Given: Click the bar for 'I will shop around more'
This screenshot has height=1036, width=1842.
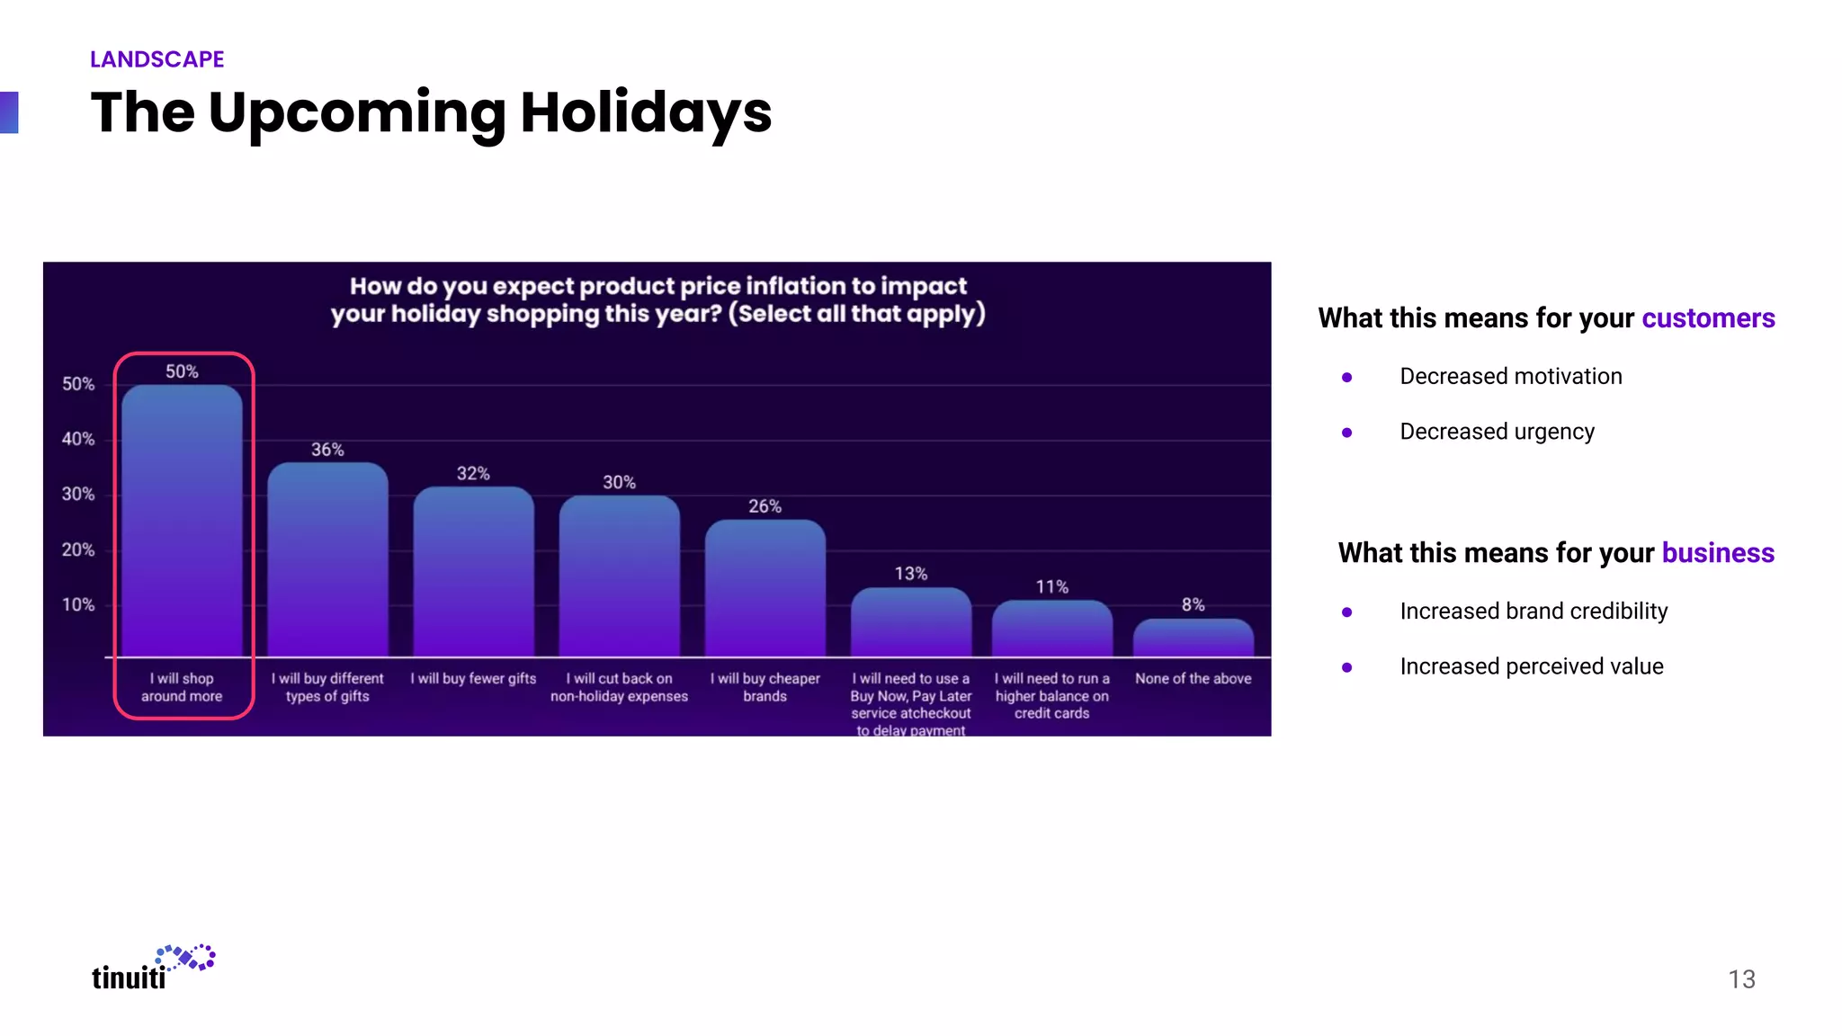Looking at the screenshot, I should [x=182, y=522].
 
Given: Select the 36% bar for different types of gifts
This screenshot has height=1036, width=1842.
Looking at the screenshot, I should [x=327, y=559].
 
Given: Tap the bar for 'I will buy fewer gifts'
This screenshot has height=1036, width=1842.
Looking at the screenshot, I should [x=473, y=571].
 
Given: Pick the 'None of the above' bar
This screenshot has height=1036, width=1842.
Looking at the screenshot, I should [x=1193, y=638].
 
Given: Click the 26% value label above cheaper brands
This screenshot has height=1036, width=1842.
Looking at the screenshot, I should [x=765, y=506].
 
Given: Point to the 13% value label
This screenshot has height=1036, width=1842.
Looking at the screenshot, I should [x=910, y=574].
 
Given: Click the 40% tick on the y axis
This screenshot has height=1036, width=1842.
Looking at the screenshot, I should [x=78, y=439].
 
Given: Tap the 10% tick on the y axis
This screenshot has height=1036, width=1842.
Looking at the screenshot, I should [x=78, y=604].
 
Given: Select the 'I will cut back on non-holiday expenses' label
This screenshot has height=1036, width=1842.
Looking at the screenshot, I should [x=619, y=687].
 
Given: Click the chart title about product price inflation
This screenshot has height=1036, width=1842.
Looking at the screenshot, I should [x=657, y=299].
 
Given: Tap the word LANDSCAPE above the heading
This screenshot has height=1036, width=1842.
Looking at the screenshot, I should [x=157, y=59].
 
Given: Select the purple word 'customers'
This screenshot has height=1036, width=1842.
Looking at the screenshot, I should [x=1707, y=318].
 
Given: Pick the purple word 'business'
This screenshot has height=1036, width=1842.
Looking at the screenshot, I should [x=1717, y=553].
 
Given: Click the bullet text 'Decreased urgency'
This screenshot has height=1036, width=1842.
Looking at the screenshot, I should [x=1497, y=432].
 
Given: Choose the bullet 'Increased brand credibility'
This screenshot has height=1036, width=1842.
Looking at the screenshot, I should [x=1534, y=612].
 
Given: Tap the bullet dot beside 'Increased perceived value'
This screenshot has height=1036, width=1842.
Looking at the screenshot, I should [x=1346, y=667].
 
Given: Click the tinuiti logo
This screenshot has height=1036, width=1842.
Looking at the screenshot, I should [x=153, y=969].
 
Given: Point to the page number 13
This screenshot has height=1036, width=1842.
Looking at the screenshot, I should [x=1741, y=979].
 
